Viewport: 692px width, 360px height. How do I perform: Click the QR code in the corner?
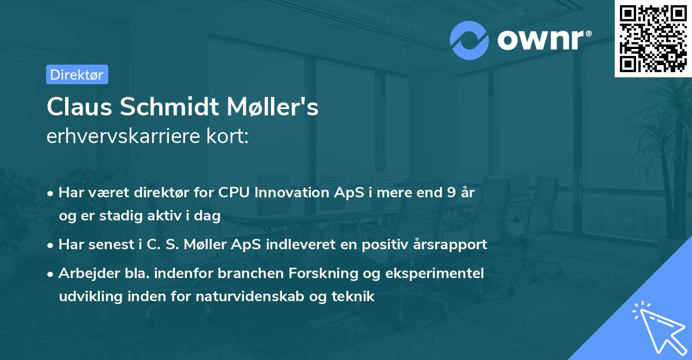click(x=653, y=39)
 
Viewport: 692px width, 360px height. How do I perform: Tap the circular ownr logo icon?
click(x=469, y=40)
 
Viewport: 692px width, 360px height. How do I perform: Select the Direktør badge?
click(x=77, y=74)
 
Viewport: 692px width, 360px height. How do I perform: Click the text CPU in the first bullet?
click(x=231, y=193)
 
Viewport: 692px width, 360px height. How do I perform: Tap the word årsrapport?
click(x=454, y=245)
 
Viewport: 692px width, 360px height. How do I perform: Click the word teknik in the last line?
click(x=353, y=297)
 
